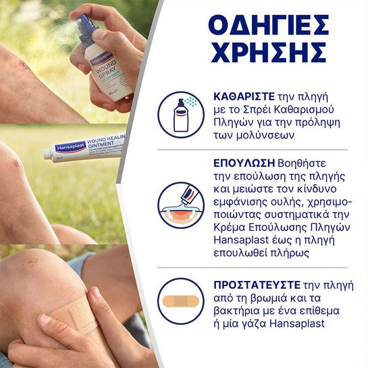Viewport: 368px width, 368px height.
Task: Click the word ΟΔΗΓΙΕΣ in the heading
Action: pos(269,25)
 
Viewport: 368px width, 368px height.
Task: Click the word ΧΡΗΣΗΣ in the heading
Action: pos(269,52)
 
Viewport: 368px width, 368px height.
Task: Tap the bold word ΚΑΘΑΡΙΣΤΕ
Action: pos(244,97)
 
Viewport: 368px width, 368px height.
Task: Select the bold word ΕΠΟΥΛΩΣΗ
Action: pos(244,163)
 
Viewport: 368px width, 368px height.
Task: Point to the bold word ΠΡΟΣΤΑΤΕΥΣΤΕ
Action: pos(257,285)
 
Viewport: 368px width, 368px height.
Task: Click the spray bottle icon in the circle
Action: pos(181,115)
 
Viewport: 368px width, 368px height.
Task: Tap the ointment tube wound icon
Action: pos(181,205)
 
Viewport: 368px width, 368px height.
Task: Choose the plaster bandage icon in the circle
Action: pos(181,301)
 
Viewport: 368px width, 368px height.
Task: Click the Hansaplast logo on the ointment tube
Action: pos(70,147)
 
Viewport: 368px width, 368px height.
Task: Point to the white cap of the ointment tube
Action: pos(48,154)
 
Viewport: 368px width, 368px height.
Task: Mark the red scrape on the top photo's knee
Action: pos(23,64)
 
